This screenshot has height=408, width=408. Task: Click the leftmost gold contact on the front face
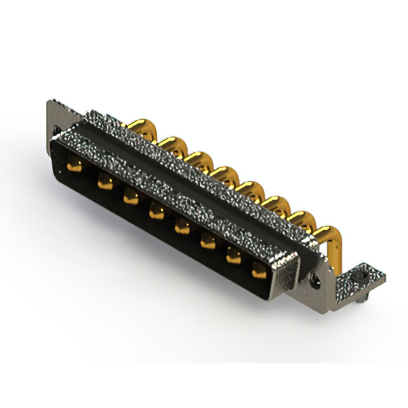pos(74,168)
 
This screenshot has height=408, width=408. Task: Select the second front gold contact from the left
pos(103,182)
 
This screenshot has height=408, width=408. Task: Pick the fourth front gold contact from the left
pos(156,210)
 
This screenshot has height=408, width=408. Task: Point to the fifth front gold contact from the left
pos(182,224)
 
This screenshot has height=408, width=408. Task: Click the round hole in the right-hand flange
pos(314,279)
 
